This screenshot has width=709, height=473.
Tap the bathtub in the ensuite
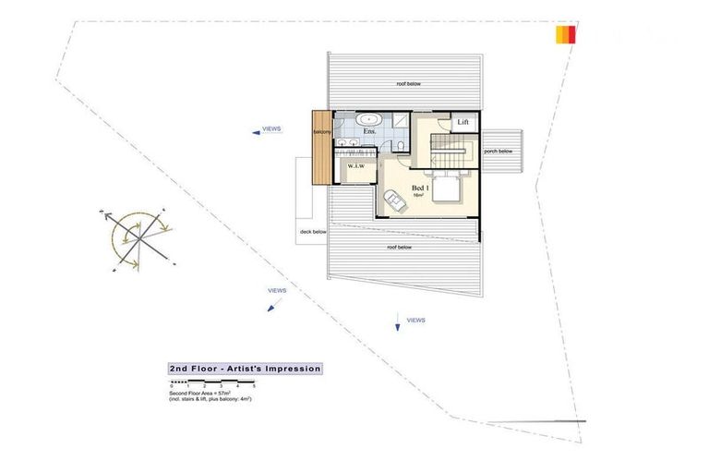(370, 119)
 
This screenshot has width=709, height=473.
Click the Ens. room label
(368, 133)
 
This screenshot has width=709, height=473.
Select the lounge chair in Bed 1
(394, 200)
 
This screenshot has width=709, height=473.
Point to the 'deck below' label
(312, 232)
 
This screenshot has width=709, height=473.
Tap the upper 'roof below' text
(408, 83)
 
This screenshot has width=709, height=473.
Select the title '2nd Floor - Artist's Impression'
(245, 369)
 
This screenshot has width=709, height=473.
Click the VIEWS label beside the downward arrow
(415, 320)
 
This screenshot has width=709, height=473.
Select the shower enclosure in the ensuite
(403, 123)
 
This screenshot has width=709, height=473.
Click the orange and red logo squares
(566, 35)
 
